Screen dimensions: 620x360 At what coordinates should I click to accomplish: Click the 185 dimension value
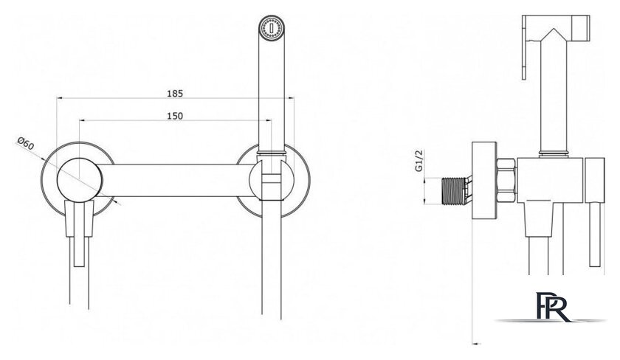(x=175, y=93)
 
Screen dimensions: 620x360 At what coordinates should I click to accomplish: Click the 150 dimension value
(x=175, y=116)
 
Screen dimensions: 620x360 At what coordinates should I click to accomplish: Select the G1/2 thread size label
(x=419, y=160)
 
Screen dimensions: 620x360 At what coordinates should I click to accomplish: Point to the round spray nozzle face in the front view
(x=272, y=28)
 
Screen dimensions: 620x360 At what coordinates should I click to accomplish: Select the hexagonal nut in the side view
(x=506, y=180)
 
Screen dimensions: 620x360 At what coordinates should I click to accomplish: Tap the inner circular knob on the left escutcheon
(x=80, y=180)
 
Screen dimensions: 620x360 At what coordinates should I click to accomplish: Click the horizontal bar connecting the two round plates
(x=177, y=180)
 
